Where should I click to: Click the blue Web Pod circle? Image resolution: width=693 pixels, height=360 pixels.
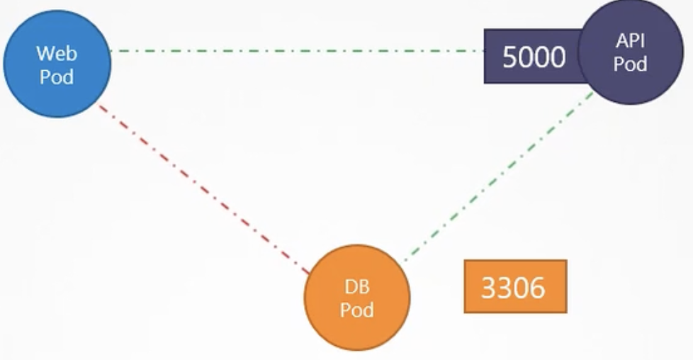pyautogui.click(x=57, y=64)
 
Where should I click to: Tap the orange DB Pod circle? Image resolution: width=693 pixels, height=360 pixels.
pyautogui.click(x=357, y=298)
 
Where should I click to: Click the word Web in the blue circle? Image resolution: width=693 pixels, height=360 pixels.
pyautogui.click(x=57, y=53)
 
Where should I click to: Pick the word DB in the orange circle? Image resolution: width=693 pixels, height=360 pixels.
pyautogui.click(x=357, y=287)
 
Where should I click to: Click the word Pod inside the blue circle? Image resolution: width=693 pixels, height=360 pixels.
pyautogui.click(x=57, y=75)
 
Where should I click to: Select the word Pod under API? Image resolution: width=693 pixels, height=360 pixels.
pyautogui.click(x=630, y=64)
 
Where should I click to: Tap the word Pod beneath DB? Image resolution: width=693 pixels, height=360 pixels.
pyautogui.click(x=357, y=310)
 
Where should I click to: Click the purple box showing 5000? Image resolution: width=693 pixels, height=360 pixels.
pyautogui.click(x=531, y=57)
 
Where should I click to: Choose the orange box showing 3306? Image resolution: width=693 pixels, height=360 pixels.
pyautogui.click(x=515, y=286)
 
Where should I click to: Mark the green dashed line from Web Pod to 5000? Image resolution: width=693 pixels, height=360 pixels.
pyautogui.click(x=298, y=51)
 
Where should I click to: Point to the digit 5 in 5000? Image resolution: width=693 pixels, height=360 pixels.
pyautogui.click(x=510, y=57)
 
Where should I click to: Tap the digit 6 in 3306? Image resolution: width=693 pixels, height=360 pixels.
pyautogui.click(x=538, y=288)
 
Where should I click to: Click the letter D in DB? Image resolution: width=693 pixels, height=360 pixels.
pyautogui.click(x=351, y=287)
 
